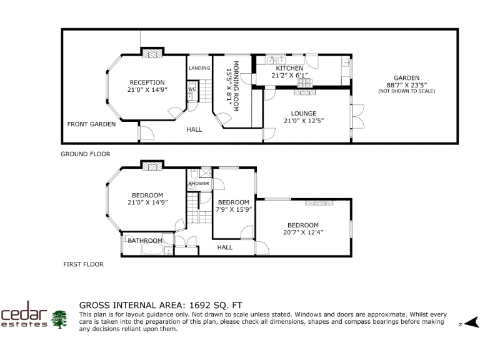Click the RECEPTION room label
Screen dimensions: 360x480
(x=147, y=82)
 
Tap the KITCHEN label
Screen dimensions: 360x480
(x=289, y=68)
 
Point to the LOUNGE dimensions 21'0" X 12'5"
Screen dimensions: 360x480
(x=304, y=121)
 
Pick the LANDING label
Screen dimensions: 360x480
(x=199, y=68)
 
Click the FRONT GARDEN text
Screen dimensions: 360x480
(x=91, y=124)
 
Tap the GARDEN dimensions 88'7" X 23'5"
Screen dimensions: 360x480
(x=406, y=85)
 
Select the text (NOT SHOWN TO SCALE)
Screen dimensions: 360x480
(x=406, y=92)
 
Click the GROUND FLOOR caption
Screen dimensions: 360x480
(x=85, y=154)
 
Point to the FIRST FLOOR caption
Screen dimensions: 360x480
(x=83, y=264)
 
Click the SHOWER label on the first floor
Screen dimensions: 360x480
(x=199, y=183)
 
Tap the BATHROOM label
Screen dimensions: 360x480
(x=145, y=241)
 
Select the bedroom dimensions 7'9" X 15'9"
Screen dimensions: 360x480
(x=234, y=209)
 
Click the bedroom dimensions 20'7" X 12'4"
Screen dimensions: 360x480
(x=303, y=232)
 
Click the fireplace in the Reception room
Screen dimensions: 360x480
(x=152, y=53)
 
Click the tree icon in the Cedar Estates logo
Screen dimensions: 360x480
(x=59, y=318)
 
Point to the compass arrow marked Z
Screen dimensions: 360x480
(x=471, y=322)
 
